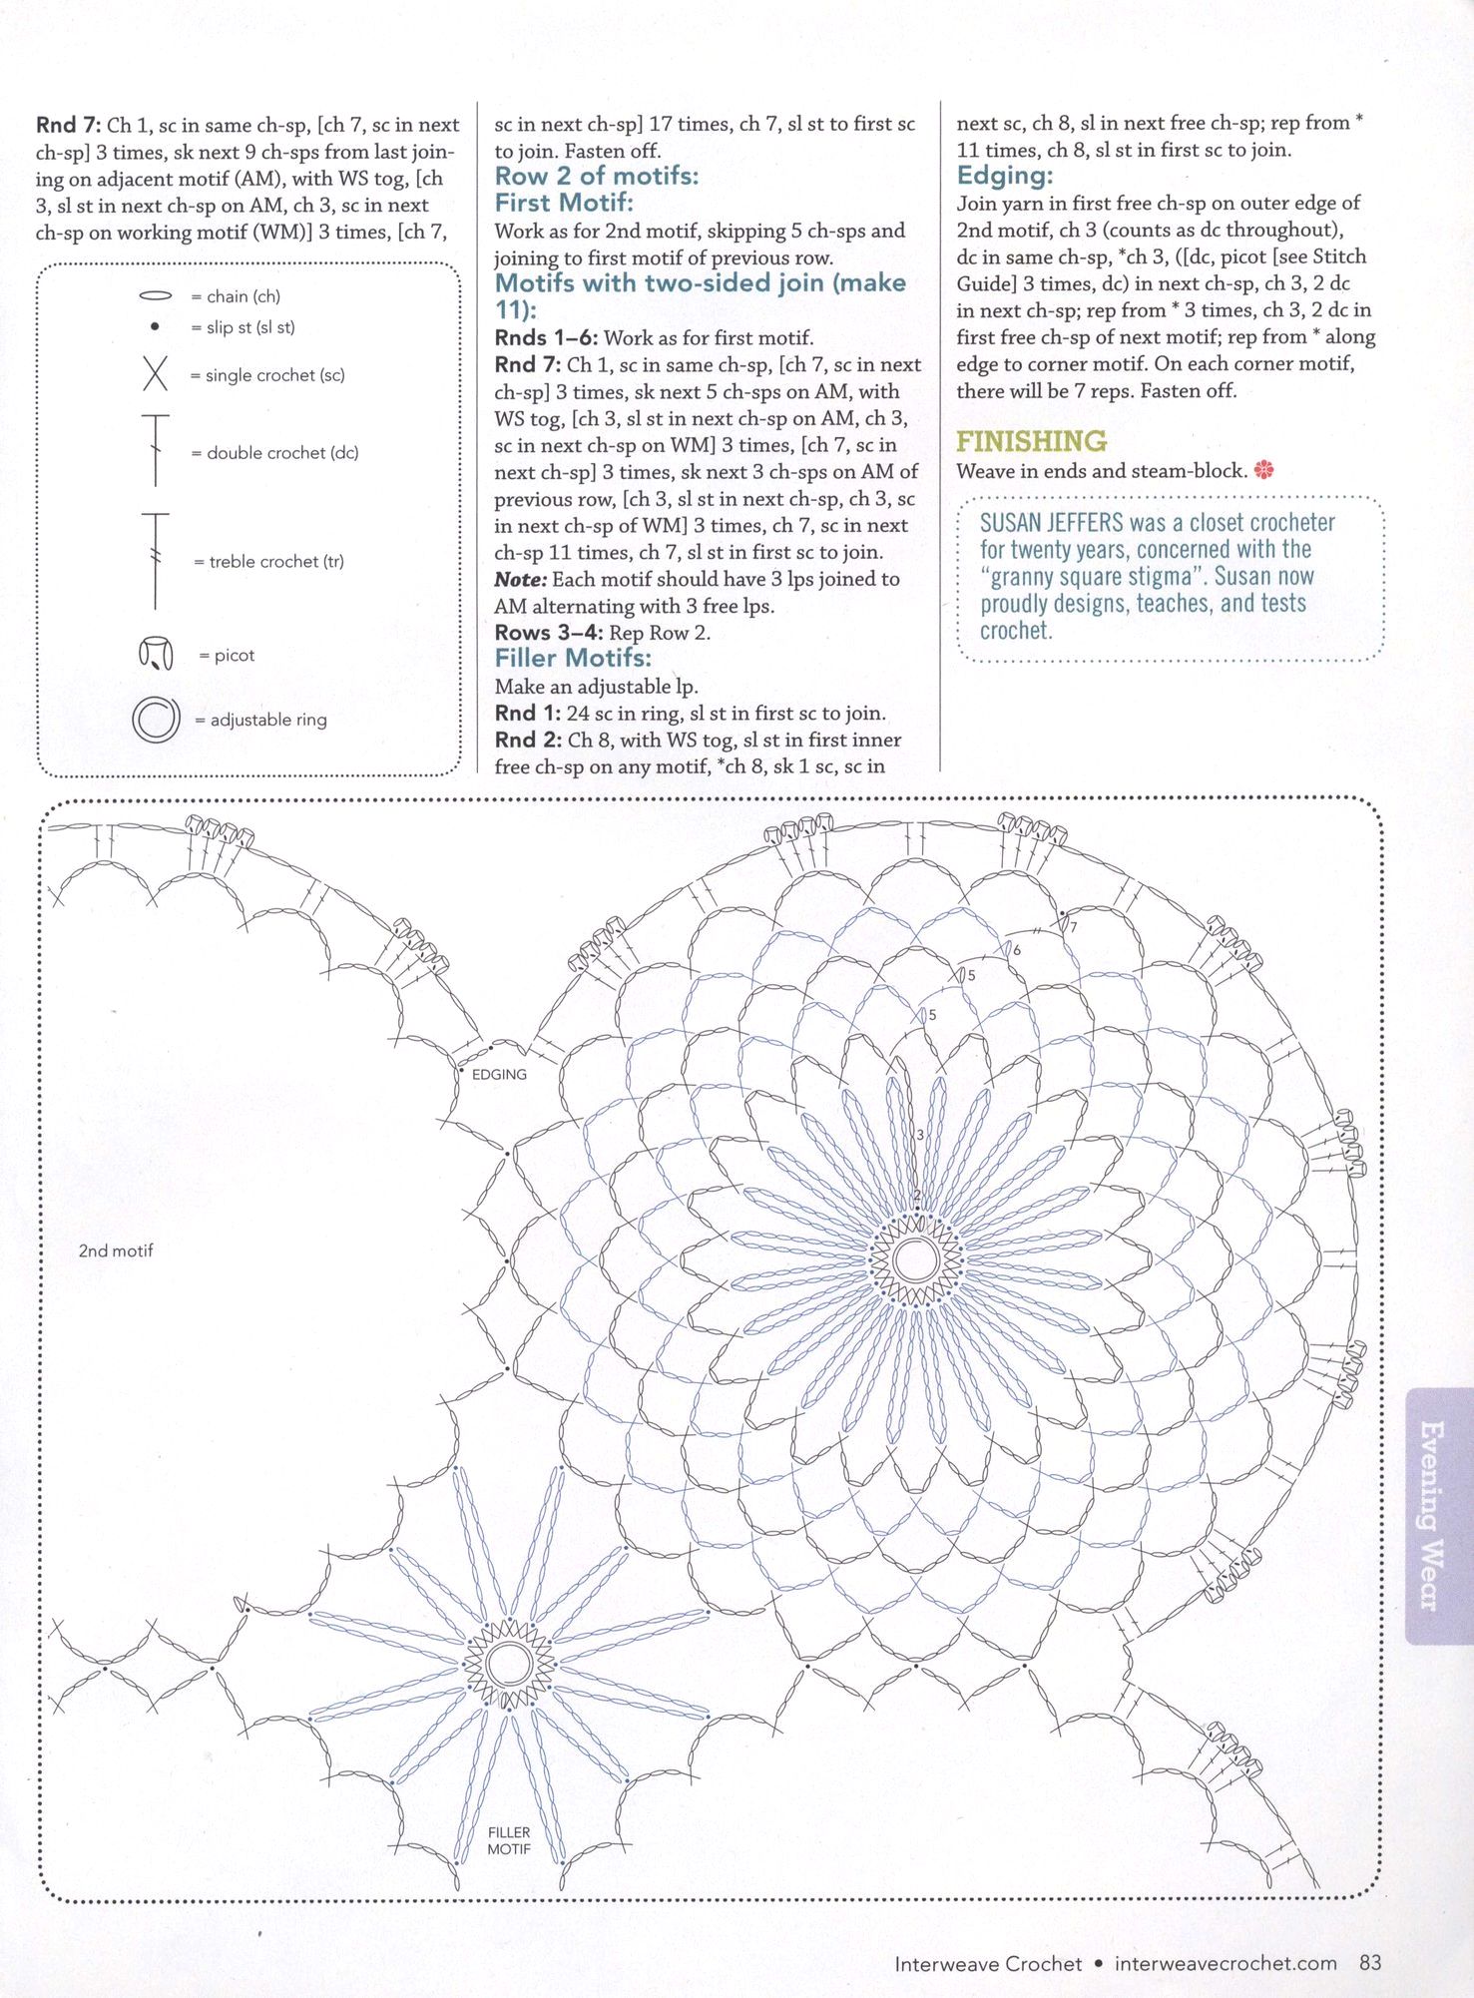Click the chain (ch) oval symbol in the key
point(155,296)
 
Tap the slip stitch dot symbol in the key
point(154,326)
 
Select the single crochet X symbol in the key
point(155,374)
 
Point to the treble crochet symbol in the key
point(156,560)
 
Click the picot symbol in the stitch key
point(155,655)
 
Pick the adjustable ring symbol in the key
point(156,719)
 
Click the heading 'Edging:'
point(1004,176)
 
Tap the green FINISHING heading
point(1031,441)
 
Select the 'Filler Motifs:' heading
point(573,658)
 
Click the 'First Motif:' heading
point(564,203)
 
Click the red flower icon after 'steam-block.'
point(1264,470)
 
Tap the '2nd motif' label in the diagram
point(116,1250)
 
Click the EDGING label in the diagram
point(499,1074)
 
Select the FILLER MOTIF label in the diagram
point(509,1840)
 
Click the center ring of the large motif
point(915,1259)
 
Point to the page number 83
point(1370,1962)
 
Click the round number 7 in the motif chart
point(1074,927)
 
